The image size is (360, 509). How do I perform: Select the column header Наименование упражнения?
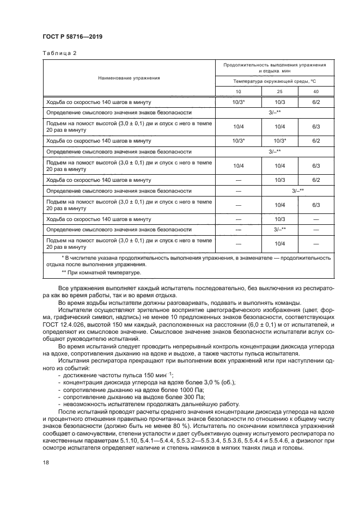pyautogui.click(x=129, y=78)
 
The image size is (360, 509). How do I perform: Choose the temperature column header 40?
pyautogui.click(x=316, y=91)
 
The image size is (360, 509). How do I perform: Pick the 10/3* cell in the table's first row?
pyautogui.click(x=239, y=102)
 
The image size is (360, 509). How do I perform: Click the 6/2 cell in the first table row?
pyautogui.click(x=316, y=102)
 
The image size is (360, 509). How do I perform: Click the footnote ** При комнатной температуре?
pyautogui.click(x=101, y=272)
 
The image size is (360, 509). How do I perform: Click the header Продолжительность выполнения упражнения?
pyautogui.click(x=274, y=68)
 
